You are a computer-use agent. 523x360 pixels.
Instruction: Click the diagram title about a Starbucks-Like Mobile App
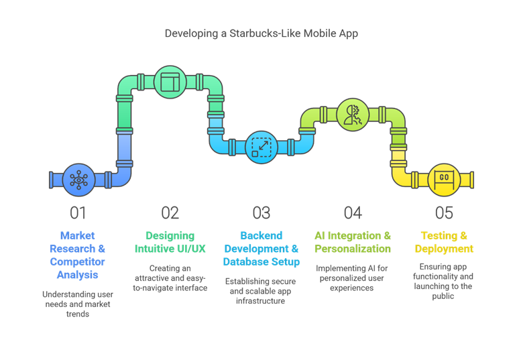261,34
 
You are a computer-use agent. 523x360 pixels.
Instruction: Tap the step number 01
78,213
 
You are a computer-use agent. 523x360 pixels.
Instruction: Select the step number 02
170,213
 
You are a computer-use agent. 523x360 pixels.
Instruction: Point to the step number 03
261,213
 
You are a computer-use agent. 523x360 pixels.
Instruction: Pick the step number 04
353,213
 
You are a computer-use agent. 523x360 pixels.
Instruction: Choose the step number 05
444,213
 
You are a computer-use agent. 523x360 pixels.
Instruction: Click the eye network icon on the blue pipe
78,180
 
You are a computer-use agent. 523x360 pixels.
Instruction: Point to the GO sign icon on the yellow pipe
444,179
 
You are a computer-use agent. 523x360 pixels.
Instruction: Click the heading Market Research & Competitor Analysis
78,255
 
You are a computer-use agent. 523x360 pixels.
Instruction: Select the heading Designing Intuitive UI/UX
170,242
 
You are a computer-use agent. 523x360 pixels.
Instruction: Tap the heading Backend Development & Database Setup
261,248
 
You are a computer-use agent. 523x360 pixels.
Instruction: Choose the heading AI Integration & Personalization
353,242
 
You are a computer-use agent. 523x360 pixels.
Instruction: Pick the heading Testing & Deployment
444,242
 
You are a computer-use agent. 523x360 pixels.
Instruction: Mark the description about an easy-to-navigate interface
170,278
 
